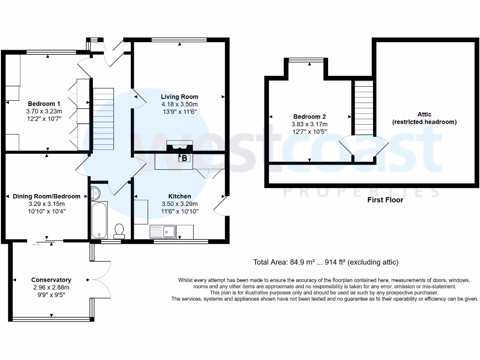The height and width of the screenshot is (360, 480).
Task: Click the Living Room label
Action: coord(180,97)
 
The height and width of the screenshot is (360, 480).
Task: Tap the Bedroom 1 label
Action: coord(44,104)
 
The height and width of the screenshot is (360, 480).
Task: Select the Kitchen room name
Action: coord(180,196)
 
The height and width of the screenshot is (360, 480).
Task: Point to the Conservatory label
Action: coord(51,280)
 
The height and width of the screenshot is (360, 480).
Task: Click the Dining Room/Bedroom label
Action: coord(46,196)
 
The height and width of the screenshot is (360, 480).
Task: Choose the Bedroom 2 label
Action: coord(309,117)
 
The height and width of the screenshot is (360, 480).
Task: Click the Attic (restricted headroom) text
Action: coord(424,118)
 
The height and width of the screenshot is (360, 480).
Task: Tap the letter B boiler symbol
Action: coord(184,158)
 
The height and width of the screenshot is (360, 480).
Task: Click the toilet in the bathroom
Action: coord(119,231)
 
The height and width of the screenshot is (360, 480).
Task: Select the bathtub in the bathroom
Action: coord(99,220)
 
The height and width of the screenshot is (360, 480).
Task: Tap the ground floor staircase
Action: coord(103,119)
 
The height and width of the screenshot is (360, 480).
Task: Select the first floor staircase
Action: coord(363,108)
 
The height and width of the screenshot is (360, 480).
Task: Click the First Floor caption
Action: coord(385,200)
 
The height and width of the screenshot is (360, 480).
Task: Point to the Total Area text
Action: coord(325,262)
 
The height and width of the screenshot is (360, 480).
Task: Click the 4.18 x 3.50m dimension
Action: coord(180,105)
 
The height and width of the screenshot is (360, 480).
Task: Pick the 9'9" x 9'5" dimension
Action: coord(51,295)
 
